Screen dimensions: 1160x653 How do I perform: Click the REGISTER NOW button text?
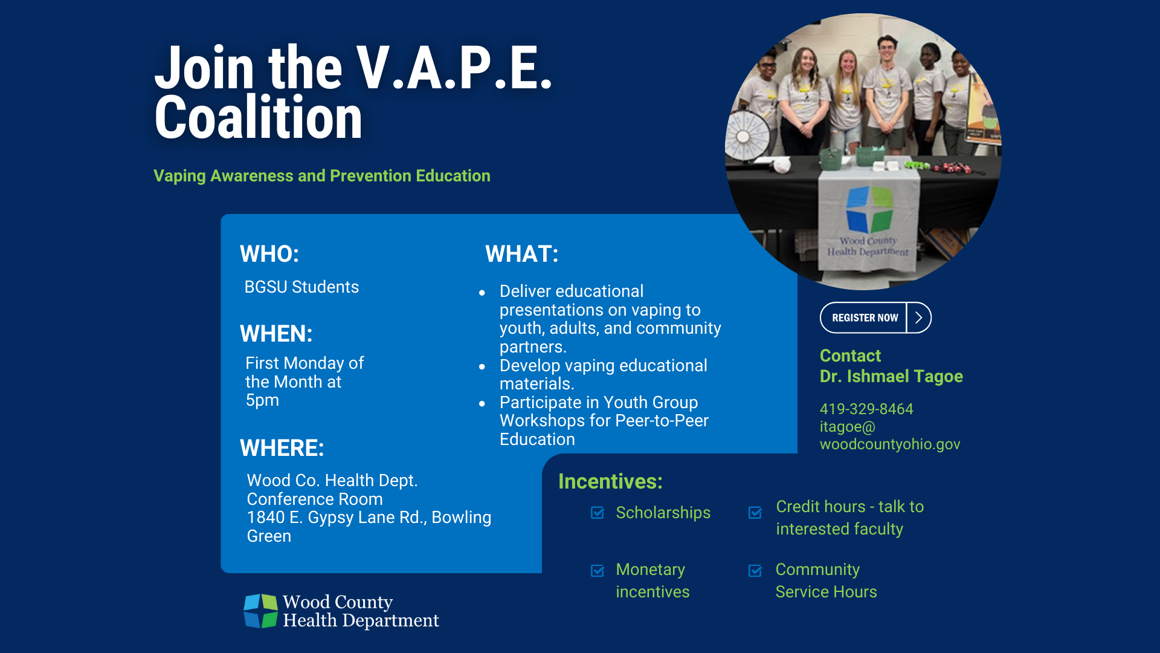pyautogui.click(x=865, y=318)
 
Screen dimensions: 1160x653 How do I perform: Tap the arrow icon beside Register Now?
pyautogui.click(x=919, y=318)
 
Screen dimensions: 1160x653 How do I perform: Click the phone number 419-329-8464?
pyautogui.click(x=866, y=409)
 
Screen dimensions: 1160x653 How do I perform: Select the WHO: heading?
pyautogui.click(x=269, y=254)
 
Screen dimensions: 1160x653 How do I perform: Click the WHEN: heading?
pyautogui.click(x=276, y=334)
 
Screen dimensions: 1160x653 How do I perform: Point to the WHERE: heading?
pyautogui.click(x=282, y=448)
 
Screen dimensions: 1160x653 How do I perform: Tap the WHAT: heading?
pyautogui.click(x=522, y=254)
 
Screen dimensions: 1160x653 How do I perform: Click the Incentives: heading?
pyautogui.click(x=610, y=481)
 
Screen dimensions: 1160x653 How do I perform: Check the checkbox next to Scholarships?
pyautogui.click(x=598, y=513)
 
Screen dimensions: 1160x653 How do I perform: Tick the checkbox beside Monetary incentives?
pyautogui.click(x=598, y=571)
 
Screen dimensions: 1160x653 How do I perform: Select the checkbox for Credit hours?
pyautogui.click(x=755, y=513)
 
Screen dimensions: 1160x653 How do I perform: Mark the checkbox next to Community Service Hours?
pyautogui.click(x=755, y=571)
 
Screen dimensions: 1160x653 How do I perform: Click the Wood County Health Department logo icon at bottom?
pyautogui.click(x=261, y=611)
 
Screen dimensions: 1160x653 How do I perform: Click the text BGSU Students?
pyautogui.click(x=301, y=287)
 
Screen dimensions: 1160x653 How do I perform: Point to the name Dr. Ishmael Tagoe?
pyautogui.click(x=891, y=377)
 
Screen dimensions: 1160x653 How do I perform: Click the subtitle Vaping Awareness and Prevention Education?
pyautogui.click(x=322, y=176)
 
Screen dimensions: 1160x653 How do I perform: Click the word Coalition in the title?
pyautogui.click(x=259, y=117)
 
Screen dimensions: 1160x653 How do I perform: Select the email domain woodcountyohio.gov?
pyautogui.click(x=890, y=444)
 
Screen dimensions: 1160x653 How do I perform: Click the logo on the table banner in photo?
pyautogui.click(x=869, y=210)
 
